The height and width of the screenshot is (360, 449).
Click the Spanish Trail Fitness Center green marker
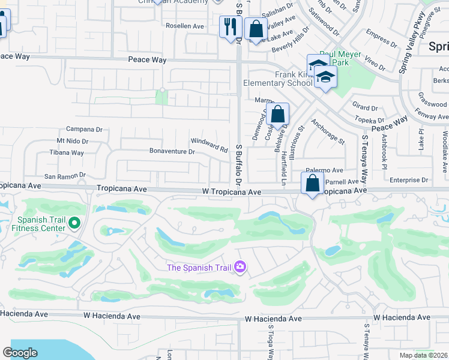click(x=74, y=224)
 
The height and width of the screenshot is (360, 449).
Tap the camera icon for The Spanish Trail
click(x=240, y=266)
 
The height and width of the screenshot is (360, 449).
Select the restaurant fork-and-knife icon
click(x=229, y=26)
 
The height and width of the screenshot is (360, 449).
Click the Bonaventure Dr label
click(x=172, y=152)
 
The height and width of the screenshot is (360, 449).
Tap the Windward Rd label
click(x=209, y=145)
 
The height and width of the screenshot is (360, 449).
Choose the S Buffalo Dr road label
click(x=238, y=165)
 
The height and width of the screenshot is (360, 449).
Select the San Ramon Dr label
click(x=65, y=177)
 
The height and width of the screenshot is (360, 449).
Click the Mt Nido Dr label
click(x=72, y=142)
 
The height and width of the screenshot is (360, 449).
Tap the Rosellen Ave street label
click(x=185, y=26)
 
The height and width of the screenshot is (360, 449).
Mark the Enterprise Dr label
click(x=408, y=179)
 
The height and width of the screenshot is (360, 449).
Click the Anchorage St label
click(x=327, y=132)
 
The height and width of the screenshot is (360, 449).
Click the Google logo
click(x=20, y=353)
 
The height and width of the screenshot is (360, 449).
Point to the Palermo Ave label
click(x=324, y=170)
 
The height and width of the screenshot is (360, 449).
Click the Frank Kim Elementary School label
click(x=275, y=79)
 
